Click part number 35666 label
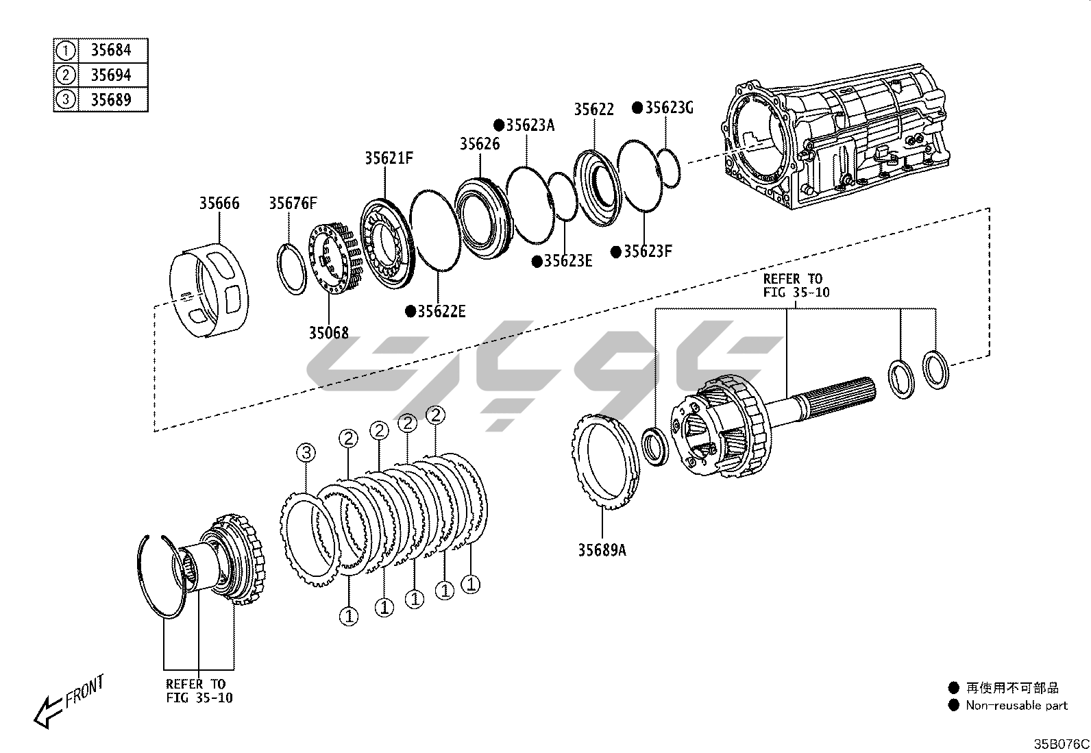coord(219,203)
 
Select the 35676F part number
coord(293,203)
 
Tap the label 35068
coord(328,333)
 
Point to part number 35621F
coord(389,158)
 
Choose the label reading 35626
coord(480,144)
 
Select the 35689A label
coord(601,550)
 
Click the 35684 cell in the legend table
coord(111,50)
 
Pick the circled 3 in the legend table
coord(66,99)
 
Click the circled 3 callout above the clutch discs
coord(306,452)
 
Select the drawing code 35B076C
coord(1061,743)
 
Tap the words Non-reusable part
coord(1016,705)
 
